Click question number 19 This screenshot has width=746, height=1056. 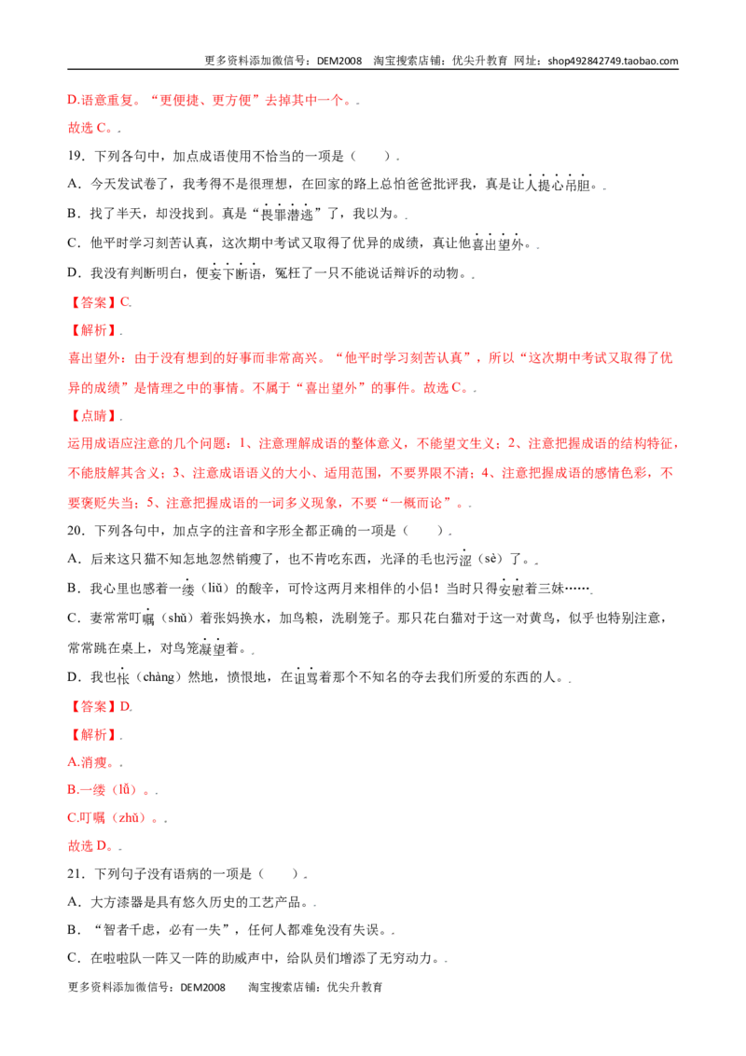pos(76,156)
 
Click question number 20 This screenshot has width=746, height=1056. pos(76,531)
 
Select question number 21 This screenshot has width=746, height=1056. pos(76,873)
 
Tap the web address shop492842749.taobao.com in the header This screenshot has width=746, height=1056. pos(613,61)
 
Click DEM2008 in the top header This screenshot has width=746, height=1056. pos(339,61)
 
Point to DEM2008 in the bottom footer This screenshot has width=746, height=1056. pos(203,987)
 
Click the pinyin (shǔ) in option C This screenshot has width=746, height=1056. pos(177,618)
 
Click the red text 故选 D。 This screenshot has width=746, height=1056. pos(93,846)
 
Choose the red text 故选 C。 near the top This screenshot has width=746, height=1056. pos(93,128)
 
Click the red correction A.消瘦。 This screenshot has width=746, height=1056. pos(93,762)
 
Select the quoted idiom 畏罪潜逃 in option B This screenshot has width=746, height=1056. pos(287,215)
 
